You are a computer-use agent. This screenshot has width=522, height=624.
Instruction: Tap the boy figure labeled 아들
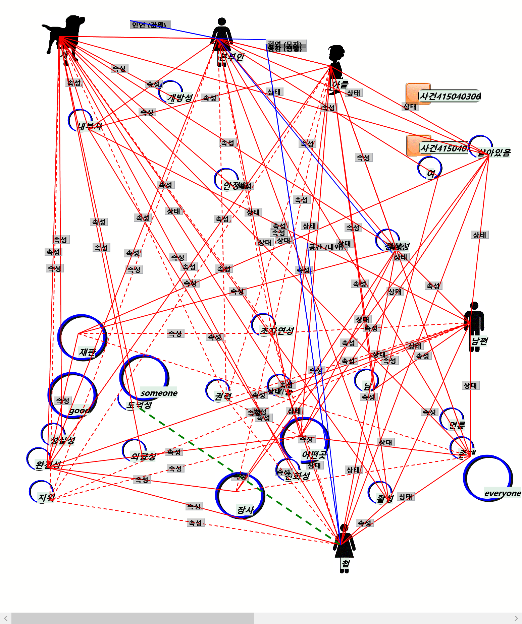point(335,67)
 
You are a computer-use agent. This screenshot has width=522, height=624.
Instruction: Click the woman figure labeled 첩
point(344,546)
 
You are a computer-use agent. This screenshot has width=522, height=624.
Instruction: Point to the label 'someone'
point(159,393)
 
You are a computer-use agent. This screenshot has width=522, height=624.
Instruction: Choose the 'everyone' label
point(503,493)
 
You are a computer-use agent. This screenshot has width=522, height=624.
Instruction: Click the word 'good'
point(79,411)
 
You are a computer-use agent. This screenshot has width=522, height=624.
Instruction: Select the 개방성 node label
point(180,98)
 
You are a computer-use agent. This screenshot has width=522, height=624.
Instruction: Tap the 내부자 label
point(90,126)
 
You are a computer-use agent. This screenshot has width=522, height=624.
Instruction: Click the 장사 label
point(245,510)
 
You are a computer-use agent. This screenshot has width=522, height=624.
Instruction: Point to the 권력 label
point(223,397)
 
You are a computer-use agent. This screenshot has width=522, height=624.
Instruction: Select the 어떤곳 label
point(314,455)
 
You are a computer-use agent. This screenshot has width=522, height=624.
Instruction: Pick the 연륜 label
point(457,425)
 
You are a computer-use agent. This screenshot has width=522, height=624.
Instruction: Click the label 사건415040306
point(450,97)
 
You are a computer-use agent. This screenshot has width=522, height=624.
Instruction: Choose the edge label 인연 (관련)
point(149,25)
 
